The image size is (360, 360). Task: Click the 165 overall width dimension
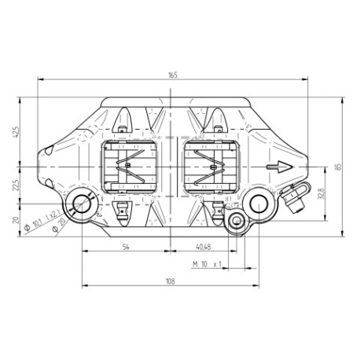coord(172,75)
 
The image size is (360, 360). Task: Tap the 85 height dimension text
coord(337,166)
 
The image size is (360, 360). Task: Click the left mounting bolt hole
coord(82,206)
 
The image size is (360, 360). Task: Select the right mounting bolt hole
coord(259,204)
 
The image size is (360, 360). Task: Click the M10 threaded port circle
coord(235,223)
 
